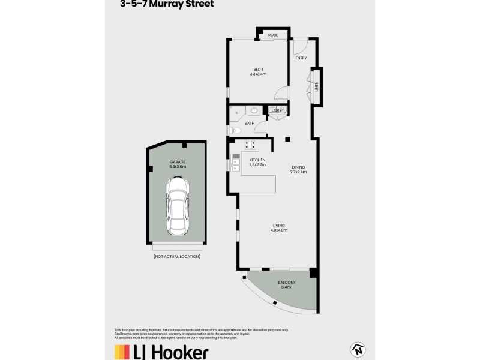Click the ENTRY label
tap(301, 58)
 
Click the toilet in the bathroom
tap(234, 130)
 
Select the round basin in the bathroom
tap(254, 111)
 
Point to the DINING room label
tap(298, 170)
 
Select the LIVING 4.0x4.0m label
tap(278, 227)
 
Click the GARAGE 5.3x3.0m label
tap(177, 164)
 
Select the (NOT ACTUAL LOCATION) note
tap(177, 256)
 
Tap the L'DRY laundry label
tap(277, 110)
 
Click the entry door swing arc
tap(301, 45)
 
